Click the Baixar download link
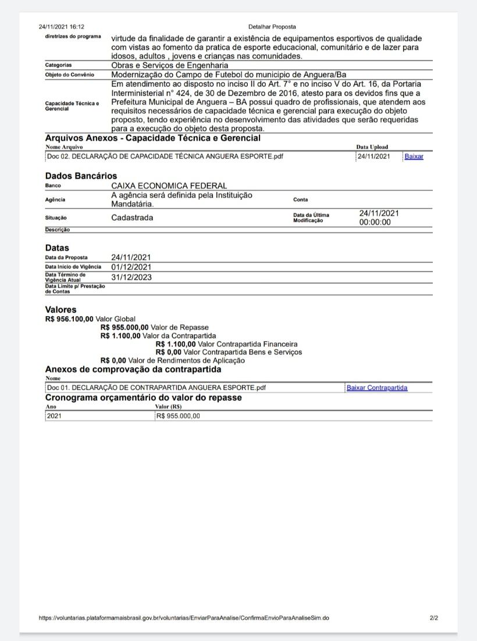(x=414, y=157)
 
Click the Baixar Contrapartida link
(x=376, y=388)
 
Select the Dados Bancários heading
(x=81, y=176)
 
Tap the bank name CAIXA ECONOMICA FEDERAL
(x=169, y=185)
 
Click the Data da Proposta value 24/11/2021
(x=131, y=257)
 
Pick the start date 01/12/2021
(x=131, y=267)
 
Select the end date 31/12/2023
(x=131, y=277)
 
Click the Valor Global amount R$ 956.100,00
(x=69, y=319)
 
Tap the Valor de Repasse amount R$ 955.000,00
(x=124, y=327)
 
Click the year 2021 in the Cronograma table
(x=54, y=416)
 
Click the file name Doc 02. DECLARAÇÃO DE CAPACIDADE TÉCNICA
(x=165, y=157)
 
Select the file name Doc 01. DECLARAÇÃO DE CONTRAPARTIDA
(x=156, y=388)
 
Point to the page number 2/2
(x=434, y=618)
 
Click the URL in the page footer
(x=183, y=618)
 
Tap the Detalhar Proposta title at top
(x=272, y=27)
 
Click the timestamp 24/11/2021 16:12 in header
(x=62, y=27)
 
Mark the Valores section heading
(x=60, y=310)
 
